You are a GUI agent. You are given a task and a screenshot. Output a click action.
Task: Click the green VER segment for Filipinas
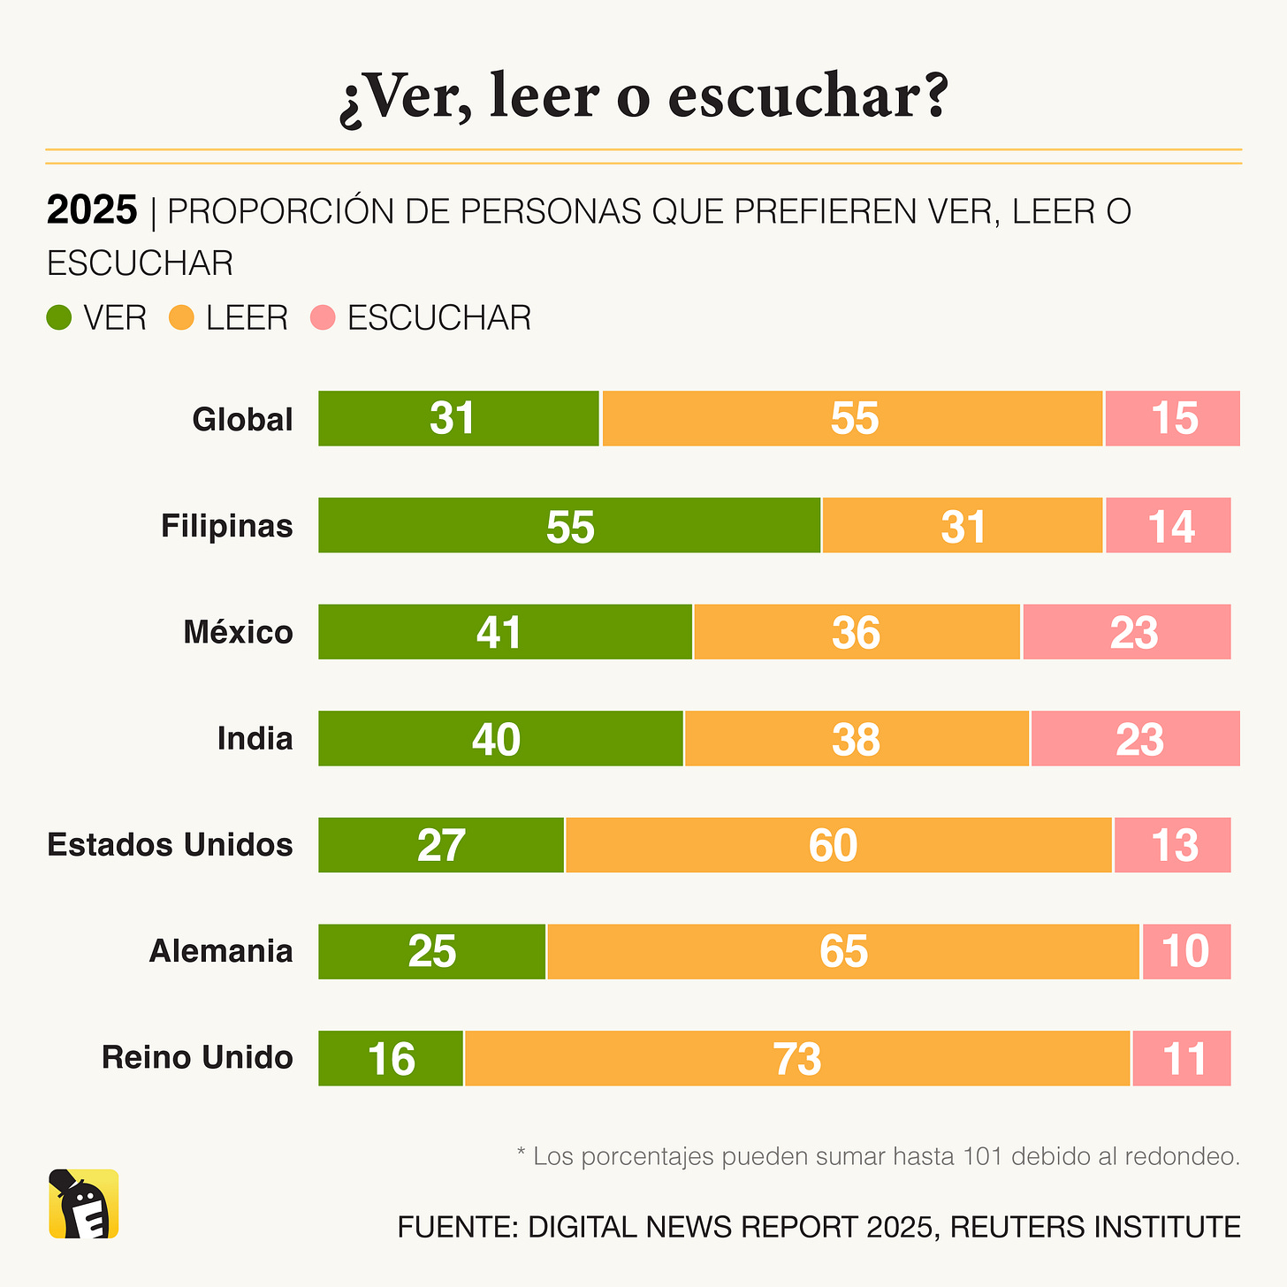click(569, 526)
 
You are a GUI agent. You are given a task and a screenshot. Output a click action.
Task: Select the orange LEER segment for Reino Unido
click(797, 1058)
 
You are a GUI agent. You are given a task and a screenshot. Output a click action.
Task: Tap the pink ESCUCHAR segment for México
click(1127, 632)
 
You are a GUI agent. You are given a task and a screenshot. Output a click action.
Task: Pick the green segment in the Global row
click(458, 418)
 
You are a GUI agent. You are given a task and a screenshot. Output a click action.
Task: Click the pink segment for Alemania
click(1186, 951)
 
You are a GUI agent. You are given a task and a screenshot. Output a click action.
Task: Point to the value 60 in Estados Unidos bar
click(833, 846)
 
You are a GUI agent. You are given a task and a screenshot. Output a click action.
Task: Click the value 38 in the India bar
click(856, 740)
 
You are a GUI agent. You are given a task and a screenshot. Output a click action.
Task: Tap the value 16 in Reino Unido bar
click(391, 1059)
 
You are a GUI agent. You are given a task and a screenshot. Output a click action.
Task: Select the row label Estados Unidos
click(170, 845)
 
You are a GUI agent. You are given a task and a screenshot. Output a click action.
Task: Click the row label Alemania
click(221, 951)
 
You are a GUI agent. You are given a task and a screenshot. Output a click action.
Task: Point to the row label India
click(255, 738)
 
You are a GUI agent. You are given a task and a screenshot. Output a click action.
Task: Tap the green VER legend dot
click(59, 318)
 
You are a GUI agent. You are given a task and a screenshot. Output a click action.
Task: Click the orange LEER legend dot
click(181, 318)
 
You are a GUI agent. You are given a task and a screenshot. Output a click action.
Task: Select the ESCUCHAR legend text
click(439, 318)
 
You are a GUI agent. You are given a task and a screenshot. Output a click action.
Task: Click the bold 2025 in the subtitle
click(92, 211)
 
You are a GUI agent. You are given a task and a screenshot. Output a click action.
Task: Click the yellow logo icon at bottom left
click(83, 1204)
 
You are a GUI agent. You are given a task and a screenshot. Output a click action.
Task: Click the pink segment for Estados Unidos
click(1172, 845)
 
